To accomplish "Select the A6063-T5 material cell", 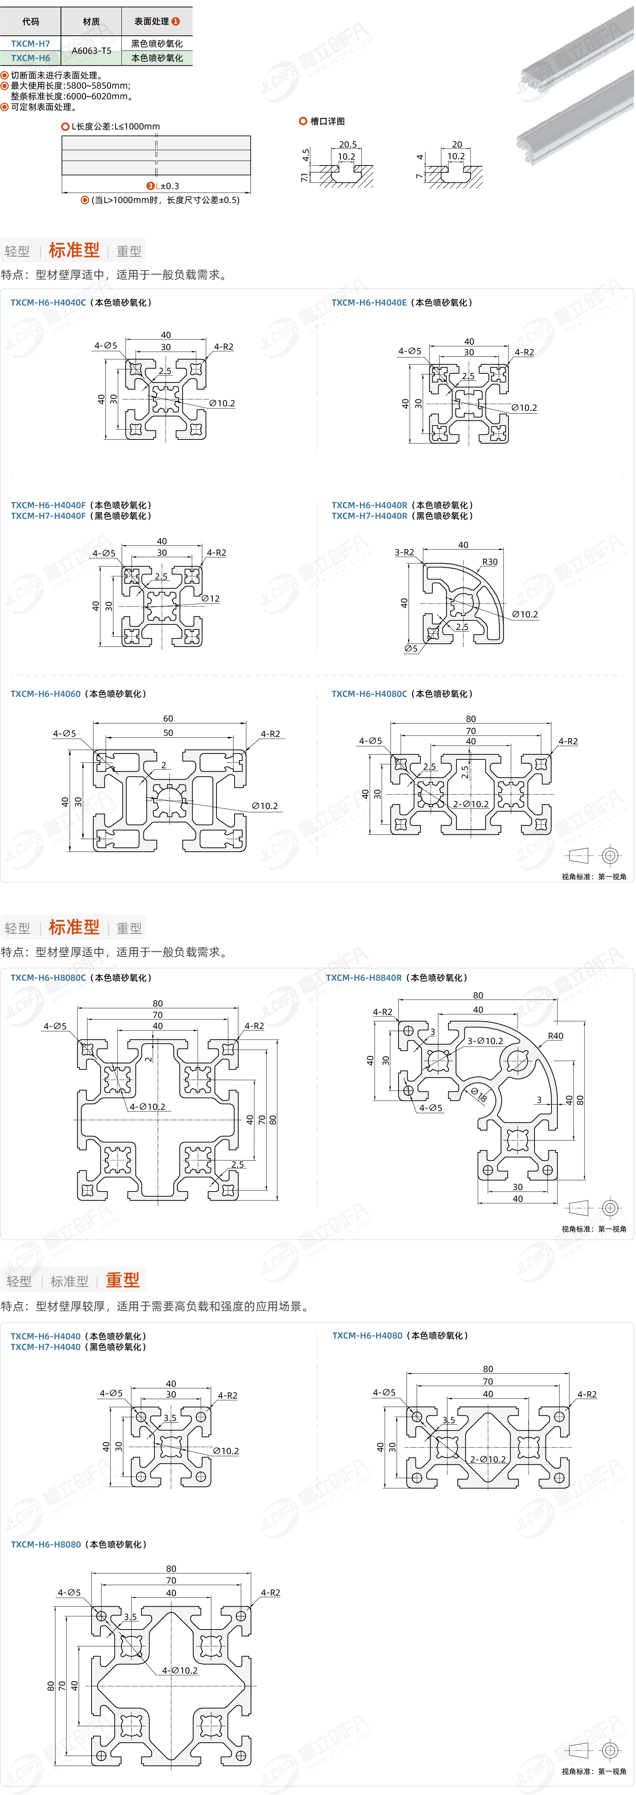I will click(x=91, y=50).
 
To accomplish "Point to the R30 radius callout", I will click(x=490, y=562).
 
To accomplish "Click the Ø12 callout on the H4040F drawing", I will click(x=210, y=599).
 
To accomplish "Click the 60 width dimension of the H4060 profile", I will click(x=168, y=719).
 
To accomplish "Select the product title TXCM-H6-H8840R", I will click(x=364, y=977).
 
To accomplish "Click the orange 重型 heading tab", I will click(x=122, y=1280).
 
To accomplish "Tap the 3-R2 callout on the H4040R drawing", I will click(x=404, y=553).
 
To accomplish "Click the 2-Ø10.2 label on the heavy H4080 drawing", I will click(x=487, y=1459).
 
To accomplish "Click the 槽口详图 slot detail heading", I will click(x=327, y=121).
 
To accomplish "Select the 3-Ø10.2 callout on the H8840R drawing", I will click(x=485, y=1041).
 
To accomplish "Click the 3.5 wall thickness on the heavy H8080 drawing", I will click(x=130, y=1617).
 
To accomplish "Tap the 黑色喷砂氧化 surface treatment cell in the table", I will click(x=157, y=43).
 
